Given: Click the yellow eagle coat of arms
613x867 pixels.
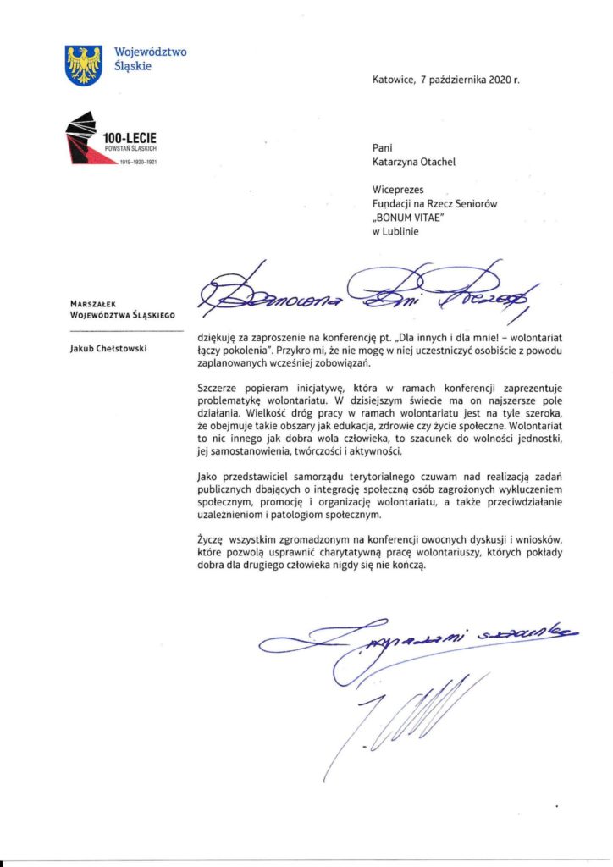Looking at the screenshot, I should pos(84,64).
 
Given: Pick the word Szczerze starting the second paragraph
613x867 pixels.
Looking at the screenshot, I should pos(217,387).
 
